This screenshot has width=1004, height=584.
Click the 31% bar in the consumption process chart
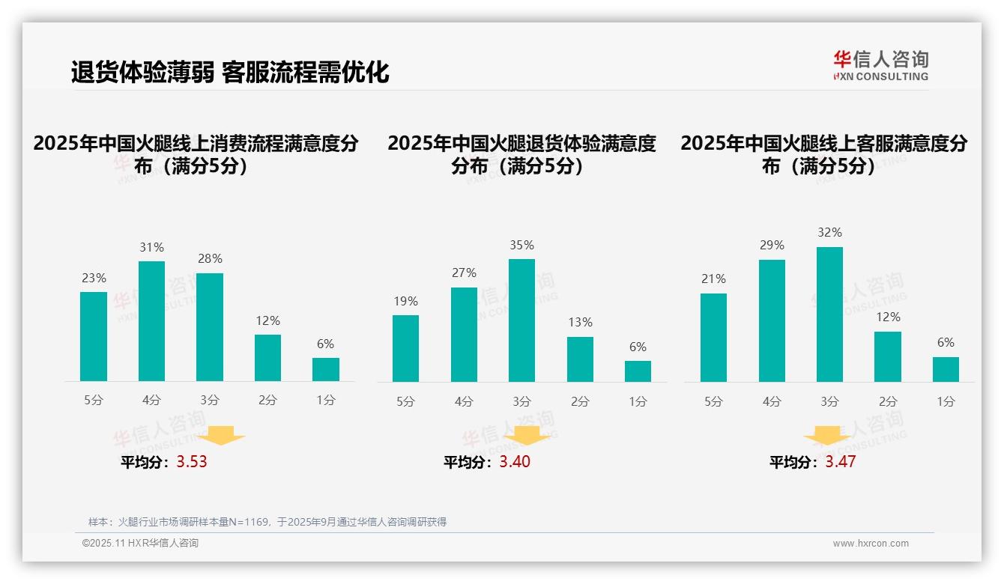tap(151, 321)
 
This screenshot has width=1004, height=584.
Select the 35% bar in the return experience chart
tap(521, 320)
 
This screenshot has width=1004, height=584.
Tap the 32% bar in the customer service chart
tap(829, 314)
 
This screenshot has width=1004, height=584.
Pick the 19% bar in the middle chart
tap(405, 348)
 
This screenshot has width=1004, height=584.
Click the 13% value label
tap(580, 323)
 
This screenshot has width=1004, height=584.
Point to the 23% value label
tap(94, 278)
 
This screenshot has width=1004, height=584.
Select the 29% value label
tap(772, 246)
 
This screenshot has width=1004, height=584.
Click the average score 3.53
tap(192, 462)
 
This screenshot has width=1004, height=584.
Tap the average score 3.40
tap(515, 462)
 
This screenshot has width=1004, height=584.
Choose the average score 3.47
tap(841, 462)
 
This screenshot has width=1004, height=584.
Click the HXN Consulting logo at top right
tap(880, 65)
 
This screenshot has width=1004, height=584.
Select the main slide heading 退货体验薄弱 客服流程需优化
tap(230, 73)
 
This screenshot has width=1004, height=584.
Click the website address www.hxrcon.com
tap(871, 544)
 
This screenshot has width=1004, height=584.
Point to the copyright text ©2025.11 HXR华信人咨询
tap(140, 544)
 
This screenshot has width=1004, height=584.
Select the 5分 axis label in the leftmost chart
tap(94, 401)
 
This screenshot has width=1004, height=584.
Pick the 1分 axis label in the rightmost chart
tap(946, 402)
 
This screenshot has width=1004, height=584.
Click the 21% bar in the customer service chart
tap(713, 338)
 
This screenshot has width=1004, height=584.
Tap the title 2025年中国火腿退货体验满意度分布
tap(521, 154)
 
